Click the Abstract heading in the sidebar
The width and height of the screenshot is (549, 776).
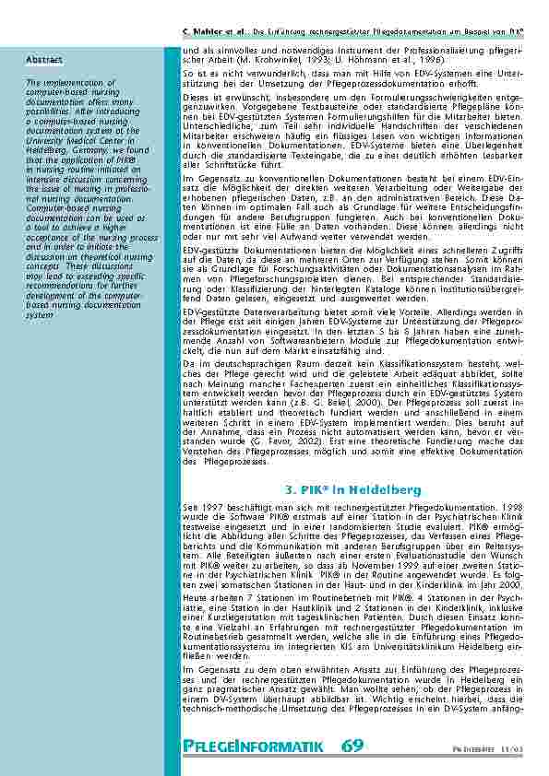tap(44, 59)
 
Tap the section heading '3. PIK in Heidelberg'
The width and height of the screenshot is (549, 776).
tap(352, 488)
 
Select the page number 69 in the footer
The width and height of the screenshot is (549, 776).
tap(352, 745)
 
